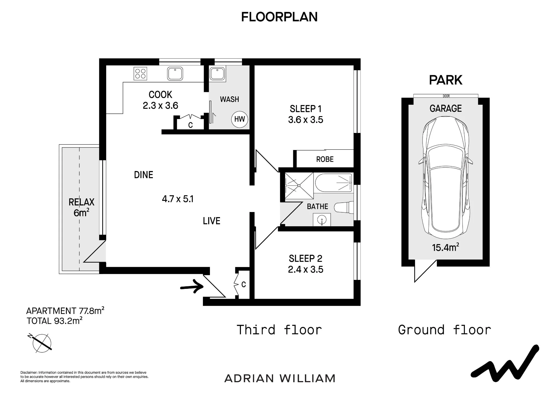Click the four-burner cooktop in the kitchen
tap(140, 73)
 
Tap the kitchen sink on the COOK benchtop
tap(175, 74)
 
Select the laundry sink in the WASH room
tap(217, 74)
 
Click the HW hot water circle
tap(240, 119)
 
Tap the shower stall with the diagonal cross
tap(299, 186)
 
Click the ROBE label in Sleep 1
tap(325, 159)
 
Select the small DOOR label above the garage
tap(446, 96)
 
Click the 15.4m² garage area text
tap(446, 247)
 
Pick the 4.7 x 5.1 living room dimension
tap(178, 199)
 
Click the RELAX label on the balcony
tap(81, 202)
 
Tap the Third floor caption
tap(279, 330)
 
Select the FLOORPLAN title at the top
tap(279, 17)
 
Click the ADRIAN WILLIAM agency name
tap(280, 379)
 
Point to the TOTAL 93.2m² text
tap(55, 321)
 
